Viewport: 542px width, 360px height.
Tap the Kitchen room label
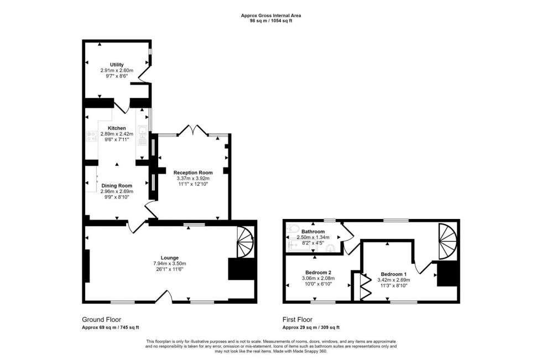(x=116, y=128)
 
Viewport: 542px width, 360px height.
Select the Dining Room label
(x=116, y=185)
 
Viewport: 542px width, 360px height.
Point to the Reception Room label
(x=193, y=173)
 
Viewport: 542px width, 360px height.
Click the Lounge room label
(x=169, y=258)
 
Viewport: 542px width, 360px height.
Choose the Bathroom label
(x=312, y=231)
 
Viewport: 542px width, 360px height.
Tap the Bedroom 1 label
(x=394, y=274)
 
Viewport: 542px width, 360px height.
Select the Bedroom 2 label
(x=318, y=272)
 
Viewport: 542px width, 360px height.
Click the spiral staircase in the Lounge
(x=245, y=242)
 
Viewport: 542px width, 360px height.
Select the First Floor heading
(x=298, y=320)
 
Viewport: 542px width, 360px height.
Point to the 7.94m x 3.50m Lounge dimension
(x=169, y=264)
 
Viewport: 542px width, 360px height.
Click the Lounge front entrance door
(x=163, y=299)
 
